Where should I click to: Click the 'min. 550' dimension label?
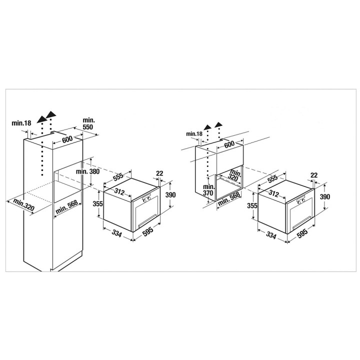click(x=88, y=123)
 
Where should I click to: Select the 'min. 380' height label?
click(x=87, y=171)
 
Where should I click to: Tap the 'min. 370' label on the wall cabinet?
click(x=208, y=190)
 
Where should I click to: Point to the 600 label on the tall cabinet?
click(x=67, y=139)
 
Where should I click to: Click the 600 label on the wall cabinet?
click(x=229, y=144)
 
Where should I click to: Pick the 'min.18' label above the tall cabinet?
click(x=21, y=123)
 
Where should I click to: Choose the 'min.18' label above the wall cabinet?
click(x=194, y=133)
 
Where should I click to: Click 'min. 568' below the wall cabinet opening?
click(x=229, y=199)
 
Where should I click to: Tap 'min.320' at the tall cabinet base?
click(x=23, y=205)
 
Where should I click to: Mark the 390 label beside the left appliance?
click(x=170, y=194)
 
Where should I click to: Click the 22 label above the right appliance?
click(x=314, y=175)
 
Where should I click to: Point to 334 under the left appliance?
click(x=116, y=233)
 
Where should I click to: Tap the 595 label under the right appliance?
click(x=302, y=233)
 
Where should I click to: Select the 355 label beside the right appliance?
click(x=252, y=205)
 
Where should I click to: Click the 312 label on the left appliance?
click(x=119, y=191)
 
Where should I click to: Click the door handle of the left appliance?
click(x=147, y=220)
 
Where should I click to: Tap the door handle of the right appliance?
click(x=301, y=222)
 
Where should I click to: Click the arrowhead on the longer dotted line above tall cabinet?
click(x=41, y=119)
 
